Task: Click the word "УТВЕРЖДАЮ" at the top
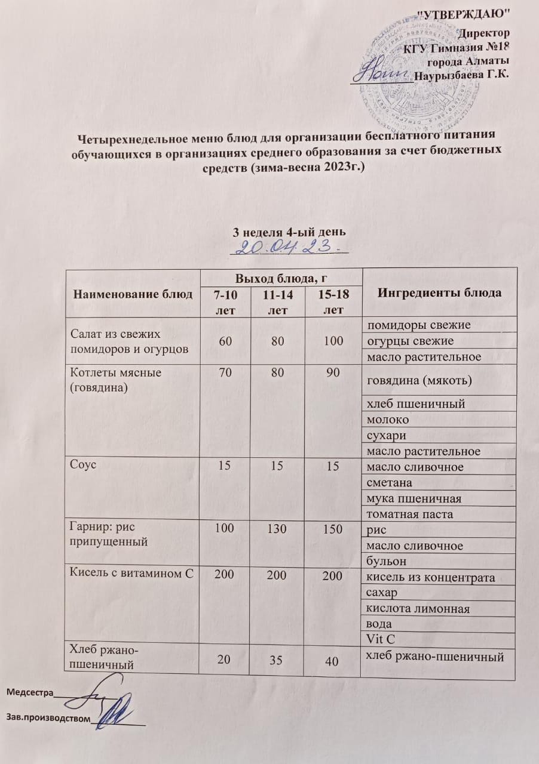[465, 13]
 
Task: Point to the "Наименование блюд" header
[133, 293]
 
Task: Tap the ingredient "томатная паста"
[409, 514]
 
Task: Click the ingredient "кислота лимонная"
[418, 609]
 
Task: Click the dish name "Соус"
[83, 466]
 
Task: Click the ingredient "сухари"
[383, 435]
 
